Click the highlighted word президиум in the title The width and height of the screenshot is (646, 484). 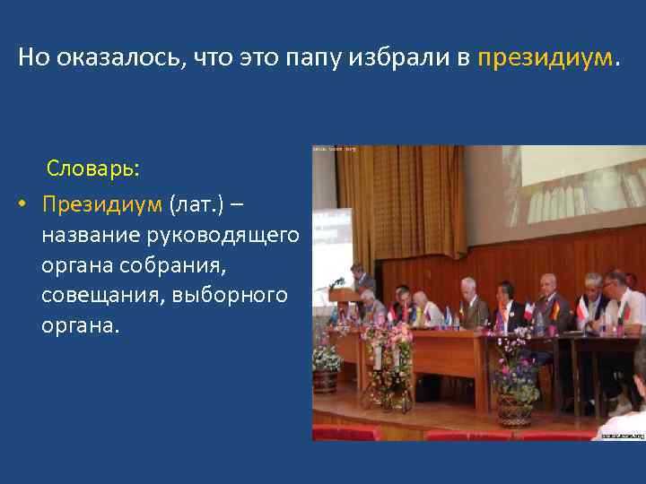point(546,59)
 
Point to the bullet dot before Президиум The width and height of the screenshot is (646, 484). point(22,204)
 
